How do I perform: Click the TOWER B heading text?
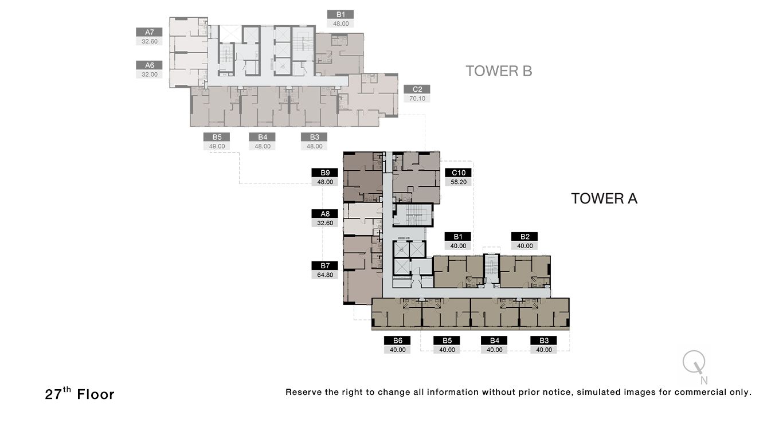499,71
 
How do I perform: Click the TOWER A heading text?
604,199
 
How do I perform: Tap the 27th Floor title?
80,394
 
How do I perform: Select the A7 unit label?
150,32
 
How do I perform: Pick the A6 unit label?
150,65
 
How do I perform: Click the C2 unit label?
417,89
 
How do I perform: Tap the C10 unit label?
458,173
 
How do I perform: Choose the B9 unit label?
325,173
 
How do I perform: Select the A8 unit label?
325,214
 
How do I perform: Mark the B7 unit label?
325,265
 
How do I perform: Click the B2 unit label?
525,236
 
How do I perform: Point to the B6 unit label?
397,340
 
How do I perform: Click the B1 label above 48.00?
340,14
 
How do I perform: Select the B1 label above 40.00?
458,236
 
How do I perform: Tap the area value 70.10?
417,99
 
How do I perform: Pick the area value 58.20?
458,182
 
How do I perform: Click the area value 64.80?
325,275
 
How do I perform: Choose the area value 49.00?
217,146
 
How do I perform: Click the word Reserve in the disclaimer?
303,393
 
